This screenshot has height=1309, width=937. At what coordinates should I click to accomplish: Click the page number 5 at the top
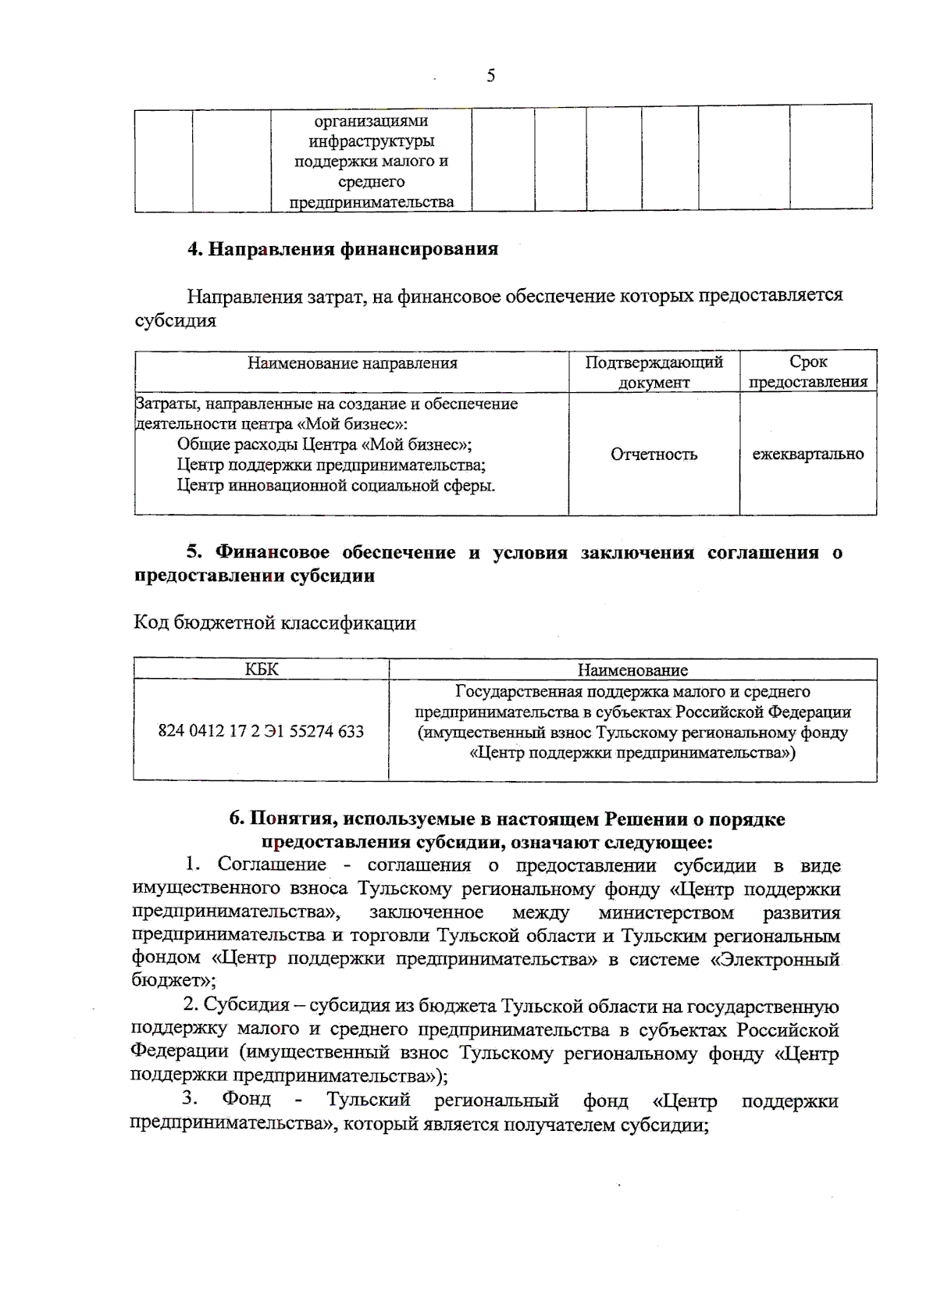click(490, 76)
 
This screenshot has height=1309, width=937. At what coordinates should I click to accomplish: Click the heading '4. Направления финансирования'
click(342, 249)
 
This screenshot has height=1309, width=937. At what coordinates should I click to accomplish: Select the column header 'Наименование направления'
click(352, 363)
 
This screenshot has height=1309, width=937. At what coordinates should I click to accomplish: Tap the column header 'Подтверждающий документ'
click(654, 372)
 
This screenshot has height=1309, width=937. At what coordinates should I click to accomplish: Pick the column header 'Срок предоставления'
click(807, 372)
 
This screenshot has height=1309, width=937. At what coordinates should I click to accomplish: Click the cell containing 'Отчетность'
click(654, 455)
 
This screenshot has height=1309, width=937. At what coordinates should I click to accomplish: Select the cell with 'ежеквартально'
click(807, 455)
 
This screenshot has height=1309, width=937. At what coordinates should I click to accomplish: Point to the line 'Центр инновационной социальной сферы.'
click(336, 486)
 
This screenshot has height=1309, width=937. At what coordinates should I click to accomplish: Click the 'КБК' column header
click(261, 670)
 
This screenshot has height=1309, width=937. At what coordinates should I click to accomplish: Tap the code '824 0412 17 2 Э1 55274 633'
click(261, 731)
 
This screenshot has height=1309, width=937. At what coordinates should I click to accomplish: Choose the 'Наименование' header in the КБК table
click(632, 670)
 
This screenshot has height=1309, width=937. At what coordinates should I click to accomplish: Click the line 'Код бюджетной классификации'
click(275, 623)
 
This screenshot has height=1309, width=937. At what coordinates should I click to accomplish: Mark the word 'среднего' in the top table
click(371, 182)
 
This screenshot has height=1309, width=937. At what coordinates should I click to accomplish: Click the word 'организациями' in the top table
click(371, 121)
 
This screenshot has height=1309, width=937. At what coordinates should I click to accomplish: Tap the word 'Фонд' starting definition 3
click(246, 1100)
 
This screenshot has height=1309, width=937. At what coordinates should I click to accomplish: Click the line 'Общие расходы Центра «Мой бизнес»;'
click(324, 444)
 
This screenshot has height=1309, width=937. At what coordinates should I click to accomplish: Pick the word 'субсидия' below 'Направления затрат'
click(175, 321)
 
